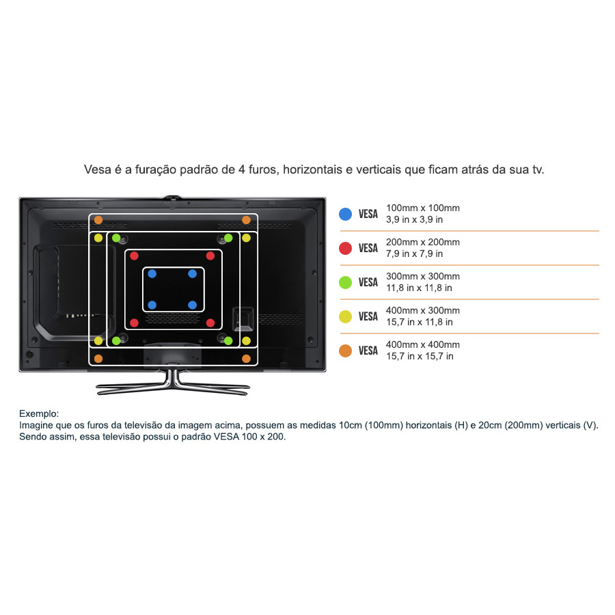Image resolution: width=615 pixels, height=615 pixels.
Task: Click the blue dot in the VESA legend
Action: tap(345, 214)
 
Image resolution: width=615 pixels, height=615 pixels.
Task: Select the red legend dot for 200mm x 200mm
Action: tap(345, 248)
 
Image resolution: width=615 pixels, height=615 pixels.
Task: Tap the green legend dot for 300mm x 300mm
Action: tap(345, 282)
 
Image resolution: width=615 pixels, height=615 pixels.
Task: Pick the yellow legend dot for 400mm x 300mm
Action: tap(345, 316)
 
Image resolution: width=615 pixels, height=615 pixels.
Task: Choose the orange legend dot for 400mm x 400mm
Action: tap(345, 351)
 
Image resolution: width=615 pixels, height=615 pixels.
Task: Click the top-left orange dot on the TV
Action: tap(98, 220)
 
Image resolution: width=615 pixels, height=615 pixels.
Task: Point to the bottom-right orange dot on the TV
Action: tap(246, 359)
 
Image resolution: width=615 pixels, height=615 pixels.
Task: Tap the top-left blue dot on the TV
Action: tap(152, 274)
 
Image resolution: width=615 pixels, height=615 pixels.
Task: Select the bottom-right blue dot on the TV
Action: tap(192, 305)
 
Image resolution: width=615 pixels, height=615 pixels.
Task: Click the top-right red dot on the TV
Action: tap(210, 256)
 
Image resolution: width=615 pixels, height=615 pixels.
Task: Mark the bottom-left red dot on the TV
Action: tap(134, 323)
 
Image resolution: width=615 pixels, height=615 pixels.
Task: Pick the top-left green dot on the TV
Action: tap(116, 238)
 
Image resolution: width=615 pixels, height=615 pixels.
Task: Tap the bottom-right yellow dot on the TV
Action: tap(246, 341)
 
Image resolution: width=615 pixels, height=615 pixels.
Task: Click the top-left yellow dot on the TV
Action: tap(98, 238)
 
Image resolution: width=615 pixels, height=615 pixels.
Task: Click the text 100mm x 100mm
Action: tap(423, 208)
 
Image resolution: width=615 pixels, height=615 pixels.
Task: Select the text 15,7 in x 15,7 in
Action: tap(420, 356)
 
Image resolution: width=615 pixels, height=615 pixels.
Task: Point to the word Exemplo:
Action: tap(39, 414)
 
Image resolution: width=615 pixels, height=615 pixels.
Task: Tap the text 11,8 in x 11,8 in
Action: tap(419, 288)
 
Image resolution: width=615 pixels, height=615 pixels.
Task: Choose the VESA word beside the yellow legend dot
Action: tap(368, 316)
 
